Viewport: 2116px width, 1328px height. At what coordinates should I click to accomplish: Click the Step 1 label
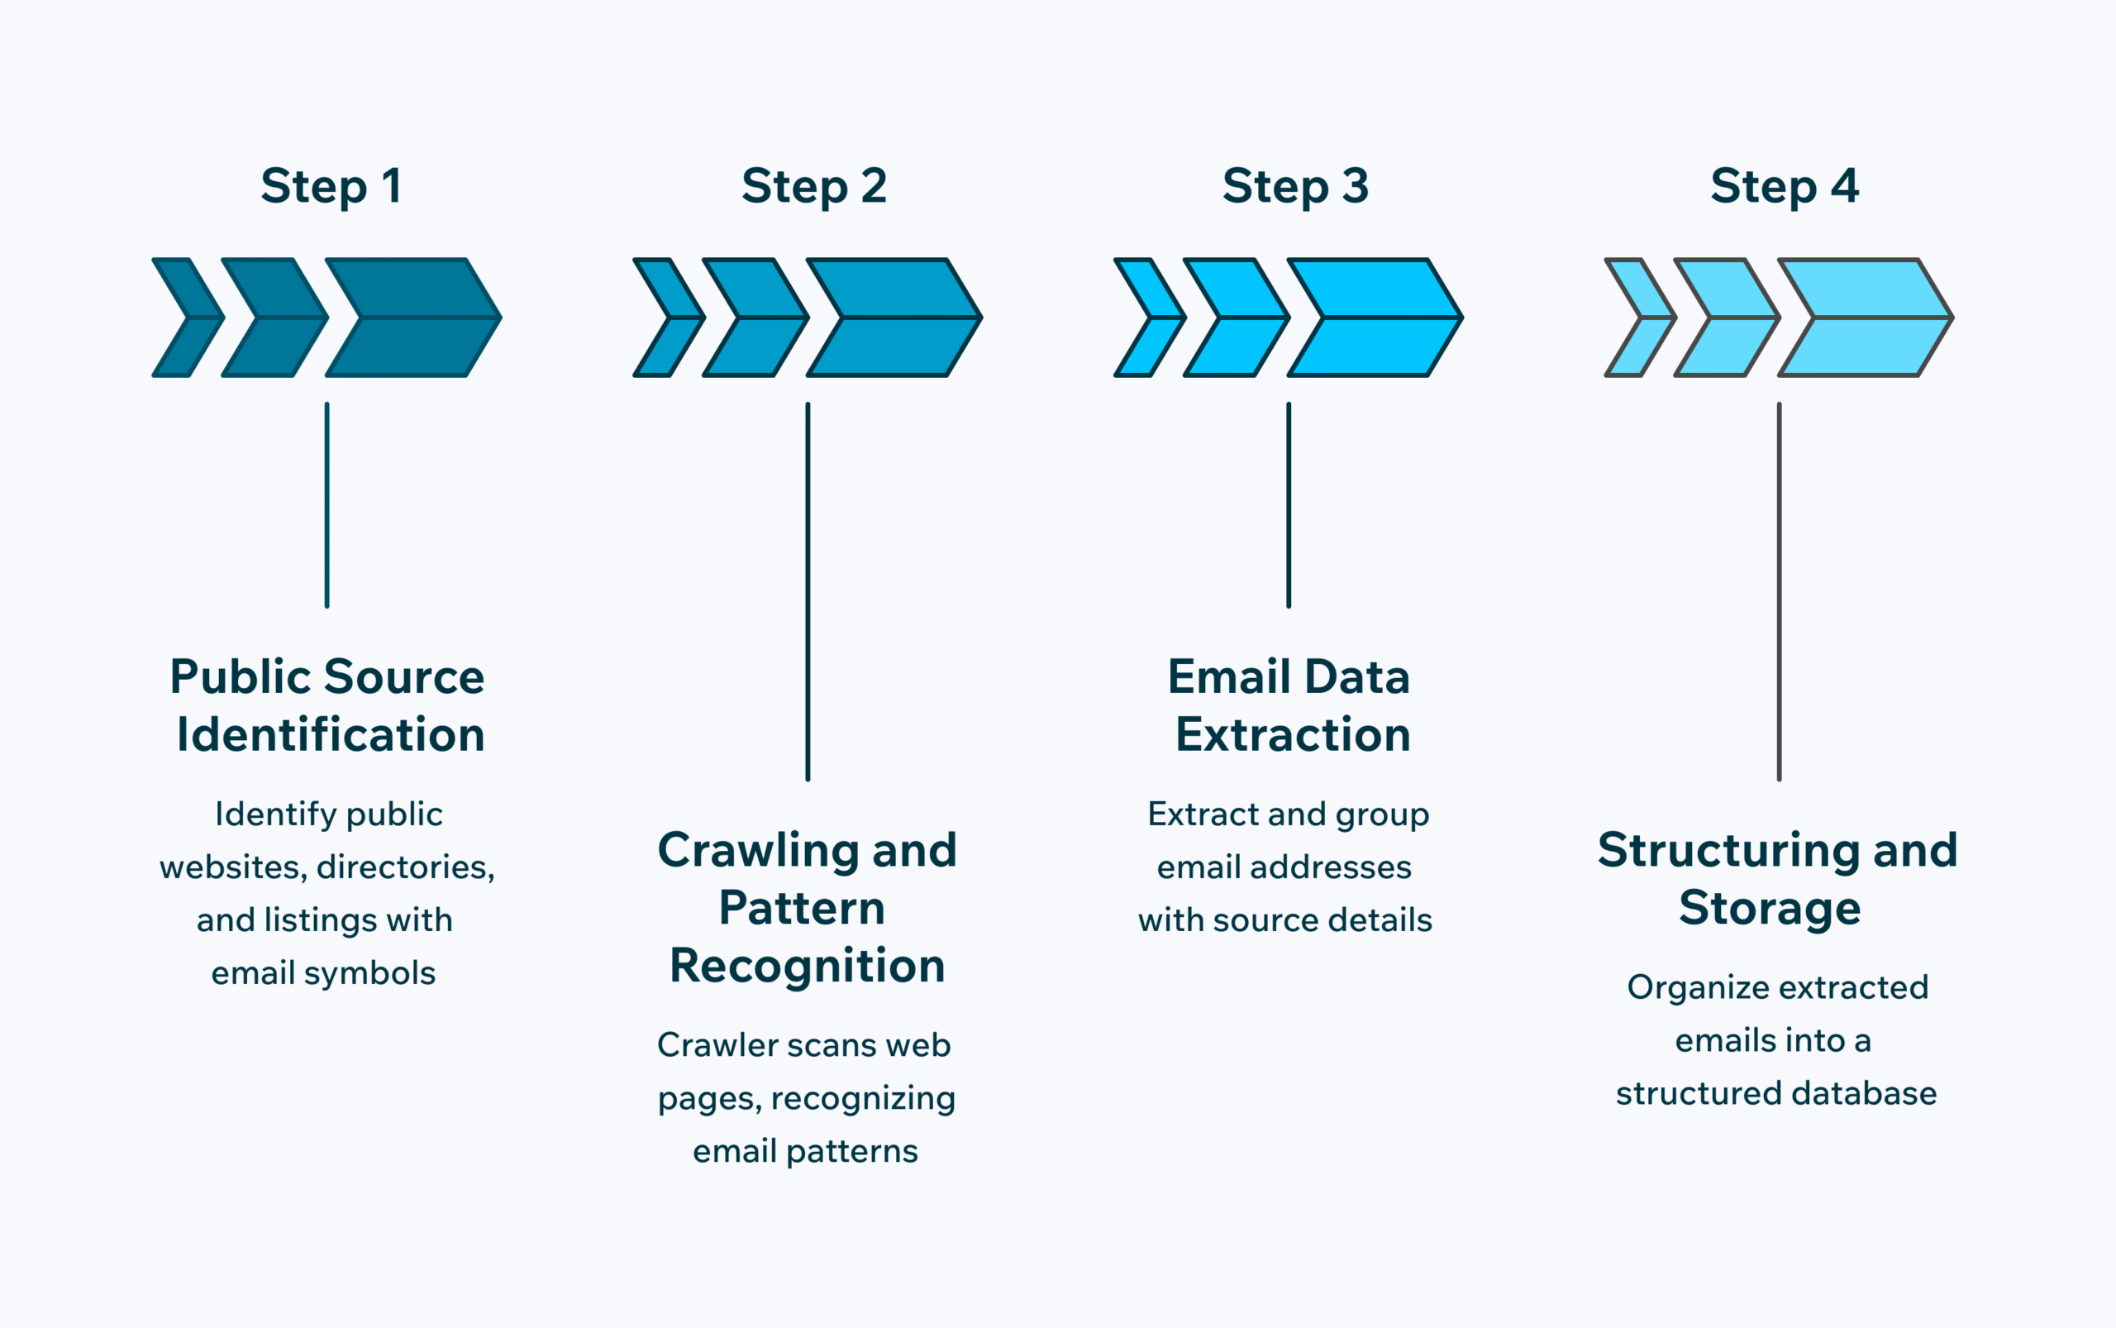(x=331, y=187)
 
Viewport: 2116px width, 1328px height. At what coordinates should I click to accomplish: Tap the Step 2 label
(x=814, y=187)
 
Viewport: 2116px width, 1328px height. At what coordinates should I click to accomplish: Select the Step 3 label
(x=1295, y=187)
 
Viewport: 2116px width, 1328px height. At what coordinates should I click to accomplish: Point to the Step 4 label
(x=1783, y=187)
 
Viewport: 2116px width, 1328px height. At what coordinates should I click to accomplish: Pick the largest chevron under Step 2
(x=900, y=317)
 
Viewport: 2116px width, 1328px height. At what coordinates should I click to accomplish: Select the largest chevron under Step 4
(x=1871, y=317)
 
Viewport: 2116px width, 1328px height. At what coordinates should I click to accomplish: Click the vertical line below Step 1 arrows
(x=326, y=505)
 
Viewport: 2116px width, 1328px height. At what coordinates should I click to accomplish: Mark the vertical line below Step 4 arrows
(x=1779, y=591)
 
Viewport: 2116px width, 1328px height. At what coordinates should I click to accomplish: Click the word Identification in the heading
(x=330, y=734)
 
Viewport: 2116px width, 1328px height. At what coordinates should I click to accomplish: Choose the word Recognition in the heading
(x=807, y=966)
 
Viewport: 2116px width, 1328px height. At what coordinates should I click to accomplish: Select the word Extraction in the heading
(x=1293, y=734)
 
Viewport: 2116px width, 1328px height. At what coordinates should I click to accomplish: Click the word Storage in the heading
(x=1769, y=908)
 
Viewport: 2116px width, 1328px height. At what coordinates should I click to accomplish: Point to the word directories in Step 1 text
(x=405, y=867)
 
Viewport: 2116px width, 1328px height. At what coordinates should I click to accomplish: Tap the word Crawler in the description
(x=717, y=1045)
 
